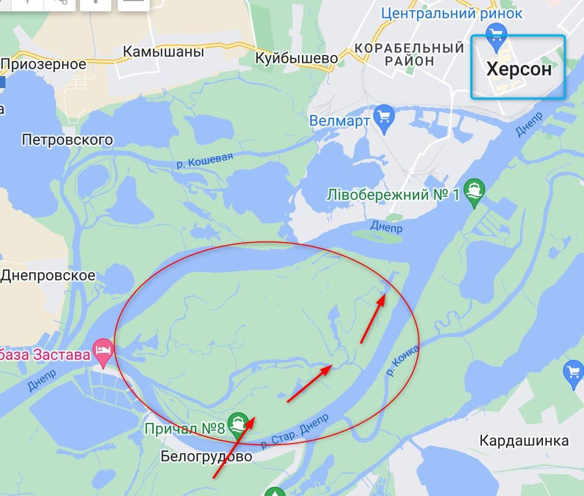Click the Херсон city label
point(519,69)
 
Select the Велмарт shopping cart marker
point(384,117)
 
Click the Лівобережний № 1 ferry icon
point(474,191)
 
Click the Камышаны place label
point(164,52)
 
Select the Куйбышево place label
point(297,58)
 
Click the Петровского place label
point(68,140)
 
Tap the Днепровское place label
point(48,275)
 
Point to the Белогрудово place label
point(206,457)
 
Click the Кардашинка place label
point(524,440)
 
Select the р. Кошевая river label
point(205,160)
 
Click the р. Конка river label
point(403,361)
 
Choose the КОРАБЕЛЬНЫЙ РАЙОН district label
point(410,54)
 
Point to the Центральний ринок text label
point(452,13)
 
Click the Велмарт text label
point(339,120)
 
